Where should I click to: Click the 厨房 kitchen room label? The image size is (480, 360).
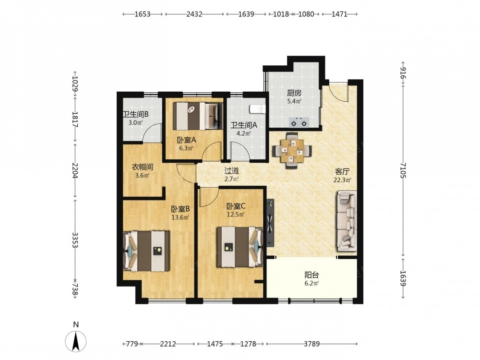coord(294,93)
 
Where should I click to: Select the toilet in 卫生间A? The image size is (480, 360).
coord(258,109)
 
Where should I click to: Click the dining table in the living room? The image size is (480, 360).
coord(292,150)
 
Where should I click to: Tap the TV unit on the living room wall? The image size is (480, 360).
coord(270,223)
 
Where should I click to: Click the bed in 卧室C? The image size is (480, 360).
coord(240,247)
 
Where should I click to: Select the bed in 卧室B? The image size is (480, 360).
coord(146,251)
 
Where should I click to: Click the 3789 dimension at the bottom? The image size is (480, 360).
coord(312,344)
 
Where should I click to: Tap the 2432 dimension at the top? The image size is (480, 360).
coord(194,14)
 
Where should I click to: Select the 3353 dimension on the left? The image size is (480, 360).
coord(75,240)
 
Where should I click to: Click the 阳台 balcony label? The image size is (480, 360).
coord(312,275)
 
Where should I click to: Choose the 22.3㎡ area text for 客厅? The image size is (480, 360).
coord(342,180)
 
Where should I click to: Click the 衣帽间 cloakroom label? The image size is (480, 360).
coord(143,167)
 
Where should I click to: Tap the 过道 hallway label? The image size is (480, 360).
coord(231,171)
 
